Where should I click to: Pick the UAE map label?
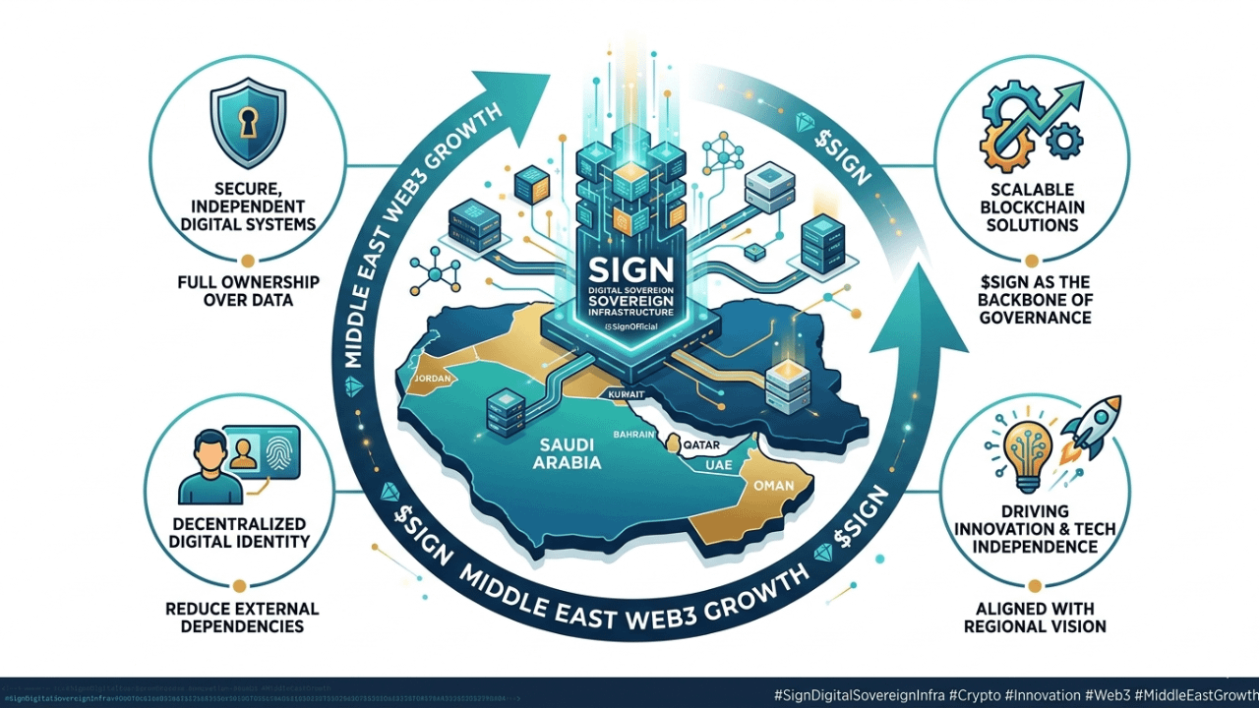[x=719, y=464]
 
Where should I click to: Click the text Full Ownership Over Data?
[x=247, y=290]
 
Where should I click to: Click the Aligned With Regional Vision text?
[x=1035, y=618]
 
